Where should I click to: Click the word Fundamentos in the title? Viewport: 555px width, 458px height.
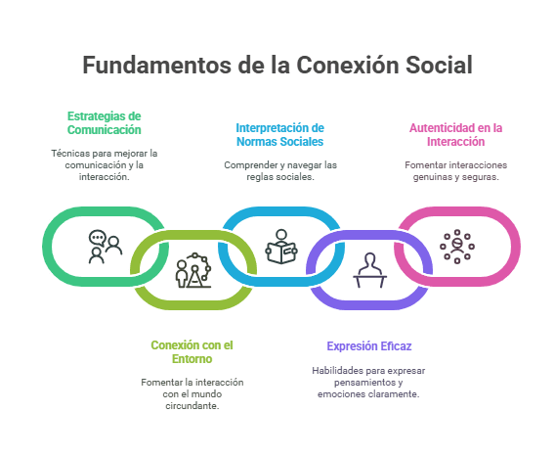156,65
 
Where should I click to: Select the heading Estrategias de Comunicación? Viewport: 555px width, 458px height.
104,123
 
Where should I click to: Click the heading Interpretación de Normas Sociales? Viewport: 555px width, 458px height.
280,135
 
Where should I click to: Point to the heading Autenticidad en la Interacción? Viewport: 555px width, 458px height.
456,135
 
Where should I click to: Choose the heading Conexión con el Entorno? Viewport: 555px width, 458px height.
192,352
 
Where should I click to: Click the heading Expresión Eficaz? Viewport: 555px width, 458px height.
369,346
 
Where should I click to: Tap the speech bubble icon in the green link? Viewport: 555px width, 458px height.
98,238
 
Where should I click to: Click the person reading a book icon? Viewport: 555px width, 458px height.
281,247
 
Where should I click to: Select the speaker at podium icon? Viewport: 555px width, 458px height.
370,270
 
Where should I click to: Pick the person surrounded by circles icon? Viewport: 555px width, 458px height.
457,247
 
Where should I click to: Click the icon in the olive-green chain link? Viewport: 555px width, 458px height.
193,270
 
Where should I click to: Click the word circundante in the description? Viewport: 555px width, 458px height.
192,405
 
